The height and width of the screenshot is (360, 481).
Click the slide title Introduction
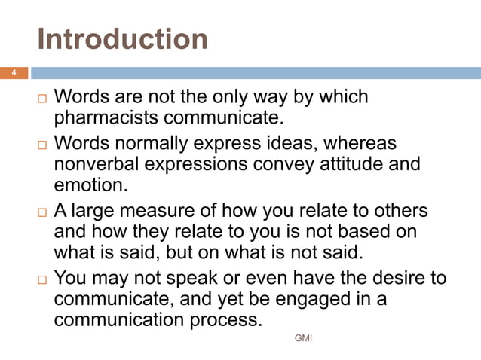coord(122,38)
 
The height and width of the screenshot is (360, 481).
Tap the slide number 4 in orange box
coord(13,73)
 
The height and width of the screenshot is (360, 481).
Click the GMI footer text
coord(303,338)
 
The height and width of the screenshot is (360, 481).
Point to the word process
coord(225,320)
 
